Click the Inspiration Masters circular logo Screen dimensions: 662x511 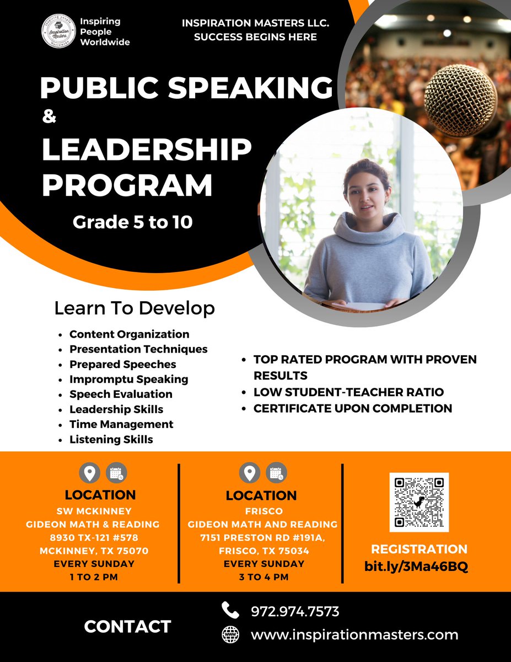pyautogui.click(x=59, y=32)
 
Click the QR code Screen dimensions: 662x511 pyautogui.click(x=419, y=502)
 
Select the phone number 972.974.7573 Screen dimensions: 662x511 pyautogui.click(x=295, y=611)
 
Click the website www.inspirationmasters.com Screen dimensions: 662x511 pyautogui.click(x=354, y=634)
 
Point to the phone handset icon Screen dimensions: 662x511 pyautogui.click(x=230, y=610)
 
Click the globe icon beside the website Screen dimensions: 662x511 pyautogui.click(x=230, y=634)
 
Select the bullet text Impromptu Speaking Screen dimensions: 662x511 pyautogui.click(x=128, y=379)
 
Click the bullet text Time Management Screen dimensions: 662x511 pyautogui.click(x=121, y=424)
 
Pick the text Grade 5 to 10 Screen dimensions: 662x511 pyautogui.click(x=133, y=223)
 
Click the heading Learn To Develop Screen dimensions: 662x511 pyautogui.click(x=134, y=308)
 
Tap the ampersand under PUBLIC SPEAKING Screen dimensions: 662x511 pyautogui.click(x=50, y=118)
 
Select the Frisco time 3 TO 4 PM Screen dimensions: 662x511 pyautogui.click(x=263, y=577)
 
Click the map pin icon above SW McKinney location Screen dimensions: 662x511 pyautogui.click(x=90, y=473)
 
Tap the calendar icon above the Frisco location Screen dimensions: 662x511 pyautogui.click(x=276, y=473)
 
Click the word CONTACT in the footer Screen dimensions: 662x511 pyautogui.click(x=127, y=627)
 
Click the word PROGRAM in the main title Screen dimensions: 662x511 pyautogui.click(x=127, y=185)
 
